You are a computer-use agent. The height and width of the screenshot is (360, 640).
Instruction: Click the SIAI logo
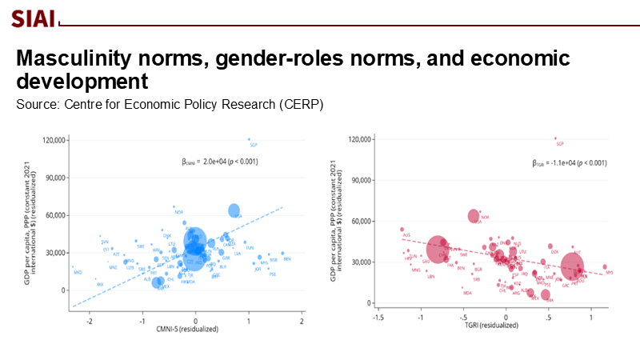point(33,18)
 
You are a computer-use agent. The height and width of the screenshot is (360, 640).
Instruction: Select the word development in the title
point(82,82)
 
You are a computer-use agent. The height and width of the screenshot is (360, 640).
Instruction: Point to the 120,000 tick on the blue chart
point(51,141)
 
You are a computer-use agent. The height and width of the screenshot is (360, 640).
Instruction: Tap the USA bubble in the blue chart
point(234,210)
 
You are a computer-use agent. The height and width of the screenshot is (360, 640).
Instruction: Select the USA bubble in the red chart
point(474,216)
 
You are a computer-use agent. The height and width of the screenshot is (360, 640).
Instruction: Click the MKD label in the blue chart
point(78,274)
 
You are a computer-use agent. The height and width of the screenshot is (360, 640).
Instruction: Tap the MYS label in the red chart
point(610,273)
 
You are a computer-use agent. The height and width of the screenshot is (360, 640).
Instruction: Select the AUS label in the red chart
point(406,235)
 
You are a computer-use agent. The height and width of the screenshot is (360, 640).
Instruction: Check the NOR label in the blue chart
point(178,212)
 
